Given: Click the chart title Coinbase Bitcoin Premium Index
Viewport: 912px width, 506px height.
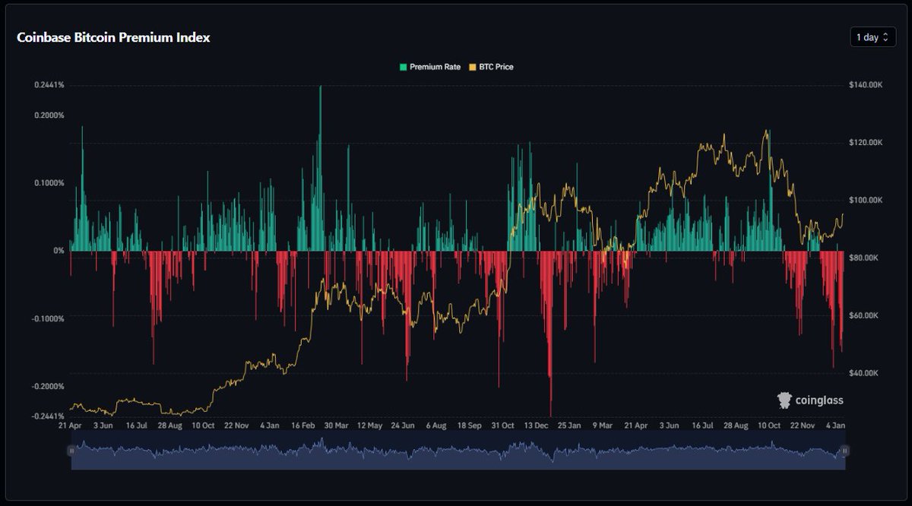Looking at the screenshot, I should (x=113, y=37).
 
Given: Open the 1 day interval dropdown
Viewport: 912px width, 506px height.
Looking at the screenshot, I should (x=872, y=37).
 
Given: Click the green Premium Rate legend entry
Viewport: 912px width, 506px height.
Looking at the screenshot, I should (x=430, y=67).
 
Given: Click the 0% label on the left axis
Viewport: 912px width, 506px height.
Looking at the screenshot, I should (x=59, y=251).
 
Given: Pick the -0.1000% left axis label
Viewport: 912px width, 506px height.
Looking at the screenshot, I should (x=48, y=318).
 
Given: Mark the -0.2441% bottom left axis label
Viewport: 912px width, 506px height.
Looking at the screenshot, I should (x=48, y=416).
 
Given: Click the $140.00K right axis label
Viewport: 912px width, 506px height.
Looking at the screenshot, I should (x=865, y=85).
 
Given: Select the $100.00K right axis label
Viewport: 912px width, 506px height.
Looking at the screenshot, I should (x=865, y=200).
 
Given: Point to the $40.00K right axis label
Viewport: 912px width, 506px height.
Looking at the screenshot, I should (x=865, y=373).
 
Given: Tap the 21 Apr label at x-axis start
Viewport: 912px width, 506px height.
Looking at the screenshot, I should (x=71, y=425).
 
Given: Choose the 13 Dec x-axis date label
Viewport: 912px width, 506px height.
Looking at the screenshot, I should (x=537, y=425).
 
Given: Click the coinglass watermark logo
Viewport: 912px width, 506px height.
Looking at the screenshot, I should (x=809, y=400).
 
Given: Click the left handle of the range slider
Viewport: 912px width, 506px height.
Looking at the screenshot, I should (x=71, y=451).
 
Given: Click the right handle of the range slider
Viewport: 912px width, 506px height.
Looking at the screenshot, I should (x=844, y=451).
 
